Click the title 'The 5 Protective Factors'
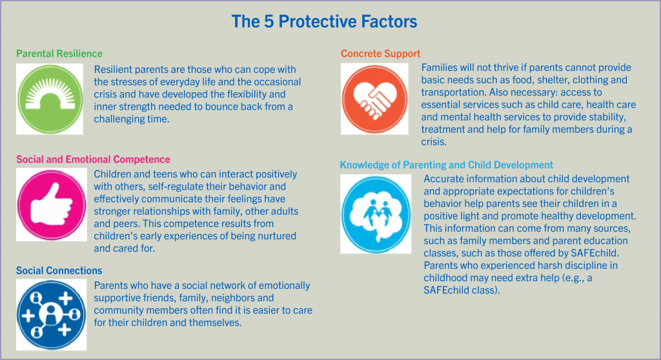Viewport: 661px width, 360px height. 324,21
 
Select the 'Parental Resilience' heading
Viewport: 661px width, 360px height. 59,54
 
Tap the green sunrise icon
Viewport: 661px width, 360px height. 50,99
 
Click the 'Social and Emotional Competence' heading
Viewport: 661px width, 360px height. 93,159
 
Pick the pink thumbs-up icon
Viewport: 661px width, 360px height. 52,205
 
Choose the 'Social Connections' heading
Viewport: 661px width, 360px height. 59,270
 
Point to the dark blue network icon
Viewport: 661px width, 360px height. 52,315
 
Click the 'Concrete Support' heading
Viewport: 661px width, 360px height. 381,54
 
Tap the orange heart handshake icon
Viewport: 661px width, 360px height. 374,99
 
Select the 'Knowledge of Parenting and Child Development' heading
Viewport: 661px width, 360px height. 447,165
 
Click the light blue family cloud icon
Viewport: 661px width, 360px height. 376,214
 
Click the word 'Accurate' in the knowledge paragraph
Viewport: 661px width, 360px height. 441,179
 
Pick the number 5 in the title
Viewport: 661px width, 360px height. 269,21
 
